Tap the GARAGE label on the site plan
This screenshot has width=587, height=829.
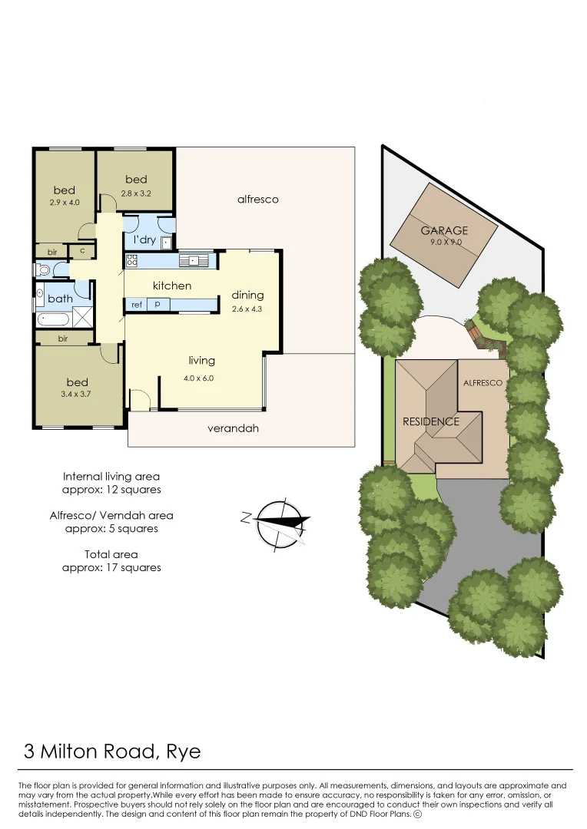coord(444,230)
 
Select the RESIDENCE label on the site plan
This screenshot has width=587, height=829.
coord(431,421)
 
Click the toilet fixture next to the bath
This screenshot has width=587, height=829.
coord(43,270)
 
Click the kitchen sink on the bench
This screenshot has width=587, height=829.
coord(194,261)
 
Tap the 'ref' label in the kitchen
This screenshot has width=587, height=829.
coord(137,305)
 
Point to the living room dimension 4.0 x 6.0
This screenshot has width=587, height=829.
coord(197,378)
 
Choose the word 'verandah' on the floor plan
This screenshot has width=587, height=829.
coord(233,428)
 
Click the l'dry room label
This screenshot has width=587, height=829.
coord(144,239)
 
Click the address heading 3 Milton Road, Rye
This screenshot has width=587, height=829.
coord(112,751)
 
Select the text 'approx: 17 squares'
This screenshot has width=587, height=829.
coord(111,567)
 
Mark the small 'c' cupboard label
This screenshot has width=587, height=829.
coord(81,250)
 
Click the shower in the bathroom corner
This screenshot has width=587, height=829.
coord(82,317)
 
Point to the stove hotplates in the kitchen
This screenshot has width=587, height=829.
coord(131,260)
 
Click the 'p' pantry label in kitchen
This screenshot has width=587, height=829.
coord(158,305)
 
